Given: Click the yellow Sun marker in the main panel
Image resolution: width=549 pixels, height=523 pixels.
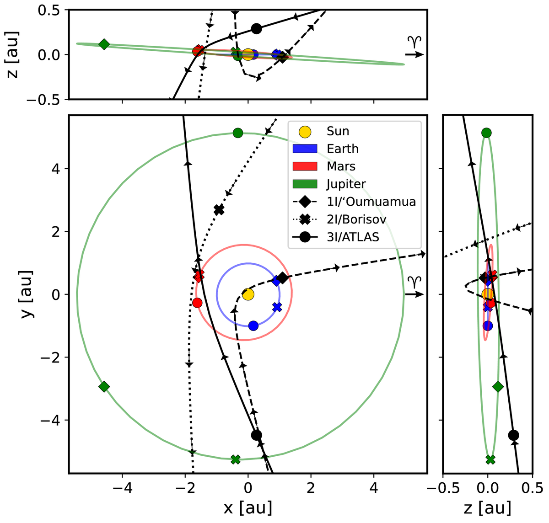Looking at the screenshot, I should [x=248, y=294].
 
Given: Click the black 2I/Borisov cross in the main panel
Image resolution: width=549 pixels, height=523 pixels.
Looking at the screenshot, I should [x=219, y=210].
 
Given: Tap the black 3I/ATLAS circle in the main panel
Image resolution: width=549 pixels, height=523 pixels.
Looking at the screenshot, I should [x=257, y=435].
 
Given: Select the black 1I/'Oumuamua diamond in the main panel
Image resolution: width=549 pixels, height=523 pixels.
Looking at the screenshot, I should [x=283, y=278].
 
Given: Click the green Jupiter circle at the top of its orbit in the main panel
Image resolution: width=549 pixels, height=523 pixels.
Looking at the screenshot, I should [x=237, y=133].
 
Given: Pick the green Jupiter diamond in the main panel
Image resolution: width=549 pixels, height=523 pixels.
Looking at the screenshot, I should [x=104, y=387].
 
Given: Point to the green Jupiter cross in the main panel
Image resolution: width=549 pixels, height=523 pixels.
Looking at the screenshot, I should [x=236, y=459].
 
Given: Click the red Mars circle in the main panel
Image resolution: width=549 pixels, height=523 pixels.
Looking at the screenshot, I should [x=197, y=303].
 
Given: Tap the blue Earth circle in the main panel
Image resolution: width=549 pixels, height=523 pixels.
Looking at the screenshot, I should [x=253, y=326].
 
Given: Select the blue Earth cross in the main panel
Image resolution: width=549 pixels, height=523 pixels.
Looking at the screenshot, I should [x=277, y=307].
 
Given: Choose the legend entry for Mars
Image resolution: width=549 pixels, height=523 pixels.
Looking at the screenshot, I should [x=341, y=166].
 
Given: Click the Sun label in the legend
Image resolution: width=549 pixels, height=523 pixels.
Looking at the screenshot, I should [x=338, y=131].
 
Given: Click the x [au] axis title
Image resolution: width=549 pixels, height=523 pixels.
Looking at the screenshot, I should [x=248, y=507].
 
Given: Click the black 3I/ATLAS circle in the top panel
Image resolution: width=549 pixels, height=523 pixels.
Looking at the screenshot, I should [x=256, y=28].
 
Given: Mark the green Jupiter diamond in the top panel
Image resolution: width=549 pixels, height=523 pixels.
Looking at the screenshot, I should [x=104, y=44].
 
